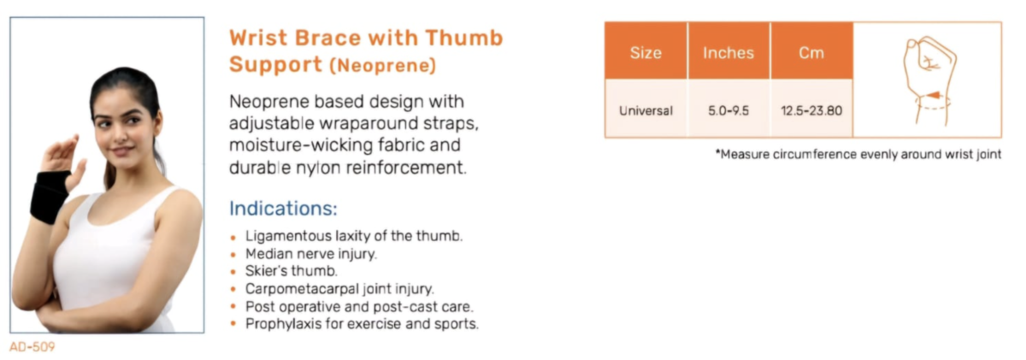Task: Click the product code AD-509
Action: click(32, 347)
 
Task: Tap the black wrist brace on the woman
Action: click(49, 196)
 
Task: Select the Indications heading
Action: click(283, 209)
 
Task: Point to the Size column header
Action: click(646, 52)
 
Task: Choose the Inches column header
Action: click(728, 52)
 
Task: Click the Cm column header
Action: click(811, 52)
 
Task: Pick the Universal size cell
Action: click(646, 110)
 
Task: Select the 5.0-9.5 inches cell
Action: click(728, 110)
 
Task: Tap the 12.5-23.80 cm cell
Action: click(811, 110)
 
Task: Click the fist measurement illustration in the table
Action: click(929, 80)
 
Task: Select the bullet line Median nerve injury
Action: click(310, 253)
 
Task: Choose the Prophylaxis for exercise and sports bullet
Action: click(362, 324)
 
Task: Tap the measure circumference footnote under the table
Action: click(858, 155)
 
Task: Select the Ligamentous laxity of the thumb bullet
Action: click(354, 235)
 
